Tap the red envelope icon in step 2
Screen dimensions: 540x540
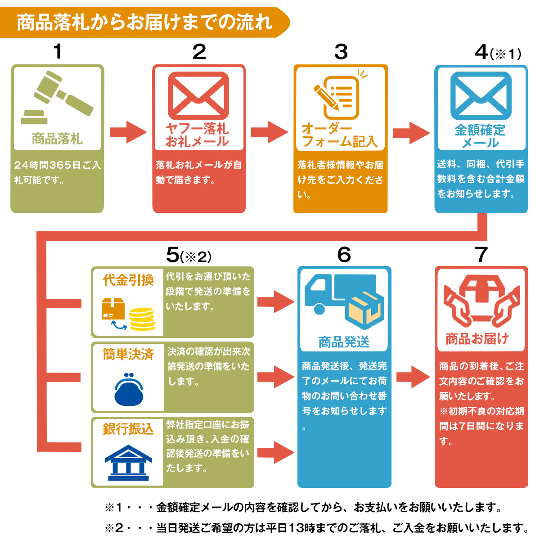click(x=198, y=96)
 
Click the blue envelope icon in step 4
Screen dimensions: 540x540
click(x=481, y=96)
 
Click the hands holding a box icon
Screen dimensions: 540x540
click(x=481, y=301)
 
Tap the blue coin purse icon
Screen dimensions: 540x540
click(x=129, y=389)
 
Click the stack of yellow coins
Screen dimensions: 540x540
click(x=142, y=319)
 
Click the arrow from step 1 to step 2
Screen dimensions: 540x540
click(x=128, y=132)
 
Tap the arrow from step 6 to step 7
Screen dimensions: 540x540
click(x=413, y=377)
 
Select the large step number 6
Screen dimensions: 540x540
click(x=344, y=255)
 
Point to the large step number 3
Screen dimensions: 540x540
click(x=341, y=52)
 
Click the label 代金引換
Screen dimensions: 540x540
click(x=128, y=280)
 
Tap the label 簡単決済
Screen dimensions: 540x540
click(x=128, y=355)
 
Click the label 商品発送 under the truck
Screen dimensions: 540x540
click(x=344, y=342)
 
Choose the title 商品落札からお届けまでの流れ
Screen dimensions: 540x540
click(x=144, y=22)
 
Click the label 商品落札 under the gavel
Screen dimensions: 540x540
click(x=57, y=139)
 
